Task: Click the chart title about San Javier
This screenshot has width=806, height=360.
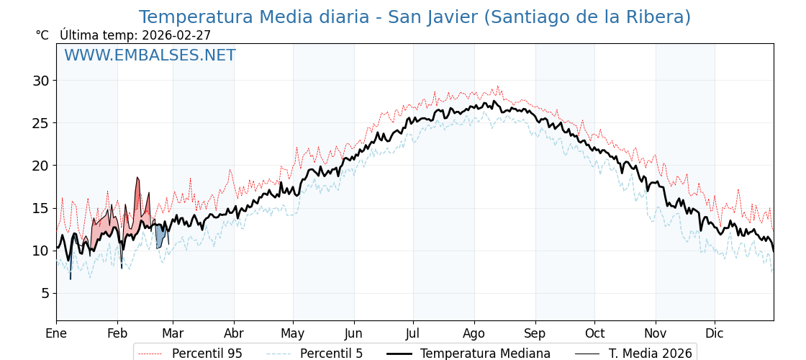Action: pos(415,17)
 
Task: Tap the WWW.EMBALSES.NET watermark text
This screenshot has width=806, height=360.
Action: pos(150,55)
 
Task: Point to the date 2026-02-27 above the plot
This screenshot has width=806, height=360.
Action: pos(176,35)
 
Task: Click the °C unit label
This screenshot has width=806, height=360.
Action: pos(42,35)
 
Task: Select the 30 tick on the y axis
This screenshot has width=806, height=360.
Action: pos(40,81)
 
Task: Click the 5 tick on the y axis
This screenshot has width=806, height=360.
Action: pos(45,293)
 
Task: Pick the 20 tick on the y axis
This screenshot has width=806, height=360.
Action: pos(40,166)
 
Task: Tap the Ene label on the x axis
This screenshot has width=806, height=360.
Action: pos(56,333)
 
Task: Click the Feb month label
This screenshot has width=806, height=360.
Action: pos(117,333)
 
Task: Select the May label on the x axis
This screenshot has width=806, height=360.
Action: pos(293,333)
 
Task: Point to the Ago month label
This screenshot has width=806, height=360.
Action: pos(474,333)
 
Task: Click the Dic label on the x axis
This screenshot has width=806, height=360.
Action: pos(715,333)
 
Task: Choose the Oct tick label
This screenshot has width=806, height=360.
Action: pos(594,333)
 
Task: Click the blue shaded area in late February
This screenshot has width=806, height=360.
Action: pos(160,236)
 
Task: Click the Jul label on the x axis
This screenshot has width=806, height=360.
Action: pos(413,333)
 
